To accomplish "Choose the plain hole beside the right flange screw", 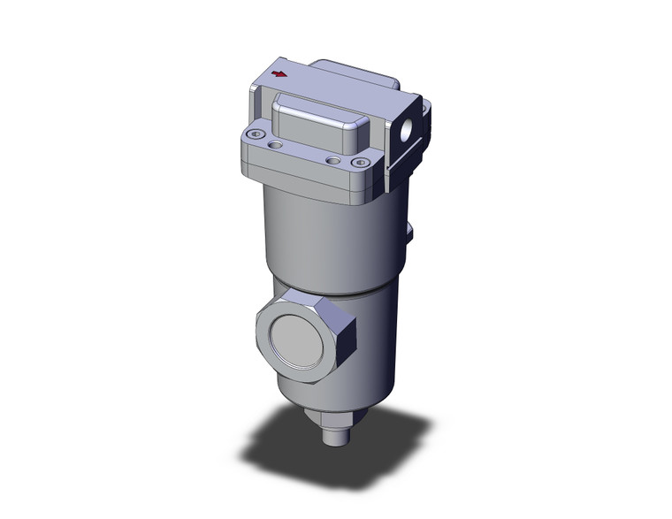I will click(332, 160).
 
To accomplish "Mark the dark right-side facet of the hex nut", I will click(344, 336).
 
